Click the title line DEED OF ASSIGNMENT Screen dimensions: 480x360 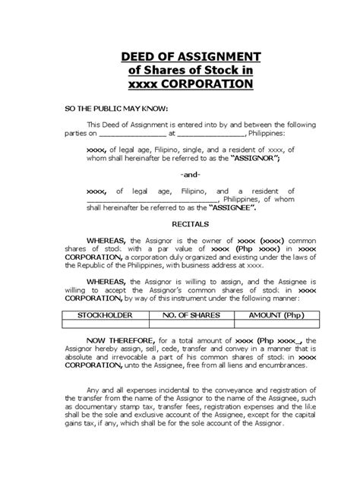tap(180, 55)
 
